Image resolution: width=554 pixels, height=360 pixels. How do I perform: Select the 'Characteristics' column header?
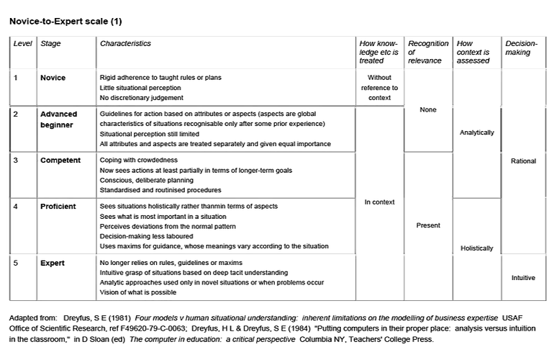125,44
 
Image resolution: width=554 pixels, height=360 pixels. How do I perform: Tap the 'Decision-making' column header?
522,48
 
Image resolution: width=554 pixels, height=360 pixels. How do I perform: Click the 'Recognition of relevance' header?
428,53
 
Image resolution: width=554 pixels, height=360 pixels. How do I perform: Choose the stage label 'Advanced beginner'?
58,120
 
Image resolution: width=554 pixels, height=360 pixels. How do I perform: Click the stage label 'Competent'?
60,161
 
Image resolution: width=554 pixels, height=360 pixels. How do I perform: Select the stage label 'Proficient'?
58,206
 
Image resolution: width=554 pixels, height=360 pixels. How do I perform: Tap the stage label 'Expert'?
52,263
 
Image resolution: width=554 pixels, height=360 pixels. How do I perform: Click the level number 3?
16,161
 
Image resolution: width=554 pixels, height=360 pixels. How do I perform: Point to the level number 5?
16,263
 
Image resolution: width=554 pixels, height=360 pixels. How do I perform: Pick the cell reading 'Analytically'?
476,133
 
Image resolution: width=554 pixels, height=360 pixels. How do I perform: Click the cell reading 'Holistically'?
476,248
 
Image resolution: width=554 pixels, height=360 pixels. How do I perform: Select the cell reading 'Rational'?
523,161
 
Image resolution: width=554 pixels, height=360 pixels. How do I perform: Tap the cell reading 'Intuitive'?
523,278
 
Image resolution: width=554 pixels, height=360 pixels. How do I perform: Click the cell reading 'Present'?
428,225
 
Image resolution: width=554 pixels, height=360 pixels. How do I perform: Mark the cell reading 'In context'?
379,202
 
